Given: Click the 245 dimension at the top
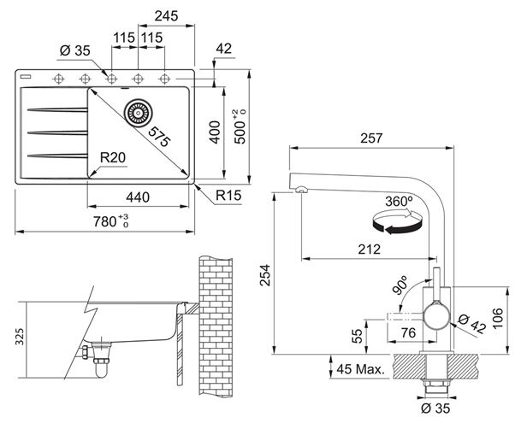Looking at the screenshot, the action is pos(166,15).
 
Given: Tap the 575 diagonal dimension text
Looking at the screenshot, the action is pos(159,137).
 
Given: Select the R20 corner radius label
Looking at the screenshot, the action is pos(113,157).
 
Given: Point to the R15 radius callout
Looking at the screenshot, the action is pos(228,195).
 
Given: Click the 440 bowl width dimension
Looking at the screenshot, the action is pos(138,197).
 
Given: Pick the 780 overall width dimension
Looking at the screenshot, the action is pos(111,220).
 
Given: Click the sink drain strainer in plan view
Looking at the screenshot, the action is pos(138,113).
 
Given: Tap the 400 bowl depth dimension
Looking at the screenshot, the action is pos(215,132).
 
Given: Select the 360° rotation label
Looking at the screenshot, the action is pos(399,202).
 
